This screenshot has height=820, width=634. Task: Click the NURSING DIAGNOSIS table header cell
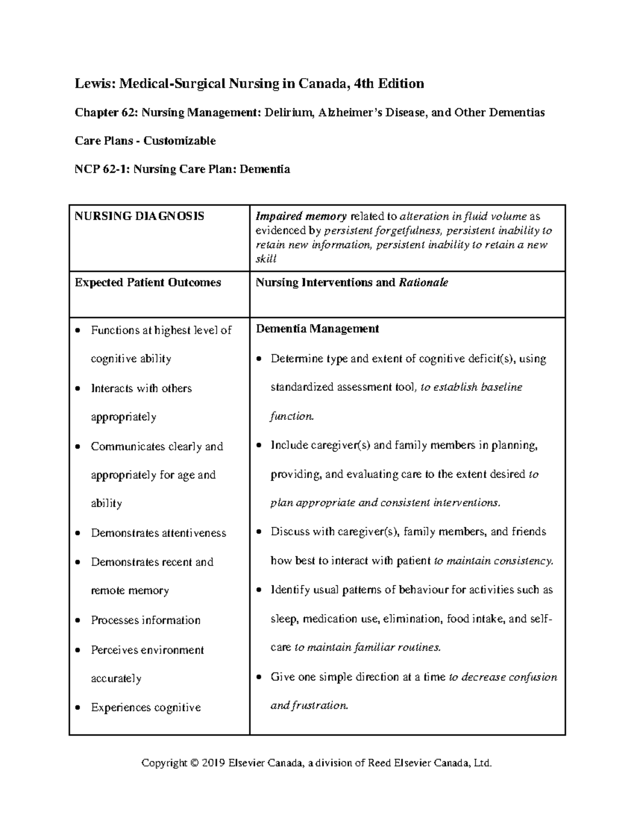point(139,216)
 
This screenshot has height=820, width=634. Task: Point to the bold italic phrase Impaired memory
point(301,216)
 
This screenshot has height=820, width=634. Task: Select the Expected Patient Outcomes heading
point(148,282)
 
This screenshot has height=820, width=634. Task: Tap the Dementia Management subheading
point(317,329)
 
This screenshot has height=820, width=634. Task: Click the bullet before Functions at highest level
point(78,331)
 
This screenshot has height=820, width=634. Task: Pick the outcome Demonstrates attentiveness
point(158,533)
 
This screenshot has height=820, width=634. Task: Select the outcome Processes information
point(145,620)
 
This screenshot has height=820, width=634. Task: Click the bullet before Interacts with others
point(78,389)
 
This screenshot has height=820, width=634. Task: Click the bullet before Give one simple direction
point(259,677)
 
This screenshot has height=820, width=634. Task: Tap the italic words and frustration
point(310,706)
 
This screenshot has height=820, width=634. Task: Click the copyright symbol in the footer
point(194,763)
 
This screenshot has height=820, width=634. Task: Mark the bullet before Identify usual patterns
point(259,590)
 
